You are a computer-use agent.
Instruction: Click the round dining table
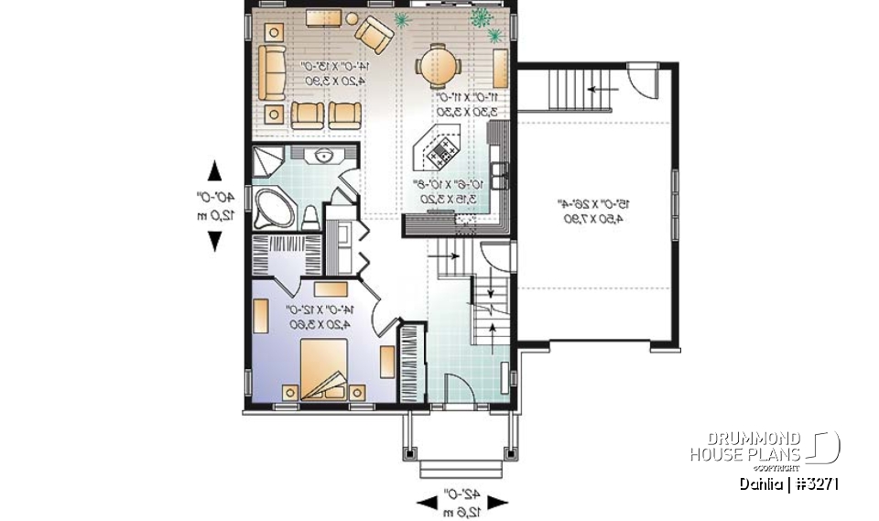click(434, 65)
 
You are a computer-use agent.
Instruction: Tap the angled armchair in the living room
click(374, 35)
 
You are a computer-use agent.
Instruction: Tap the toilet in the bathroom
click(310, 217)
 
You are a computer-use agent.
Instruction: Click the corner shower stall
click(266, 159)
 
